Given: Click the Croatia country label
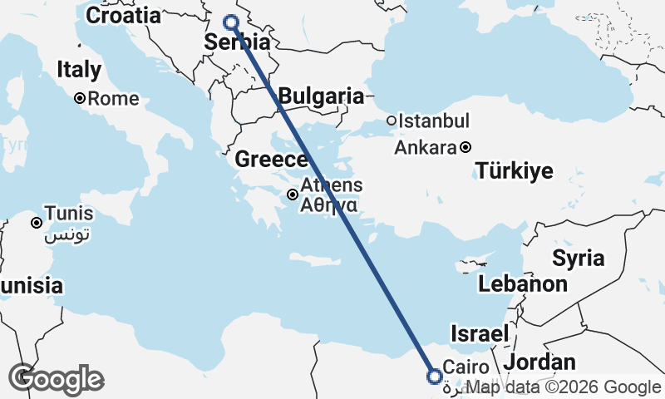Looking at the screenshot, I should click(x=123, y=15).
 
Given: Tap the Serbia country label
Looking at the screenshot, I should click(x=238, y=43).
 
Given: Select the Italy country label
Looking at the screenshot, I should click(x=79, y=70).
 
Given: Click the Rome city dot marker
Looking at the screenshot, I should click(x=80, y=98).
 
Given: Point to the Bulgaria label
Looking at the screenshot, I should click(x=321, y=96).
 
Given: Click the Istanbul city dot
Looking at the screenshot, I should click(x=391, y=121).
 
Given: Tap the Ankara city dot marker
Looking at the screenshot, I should click(x=465, y=148).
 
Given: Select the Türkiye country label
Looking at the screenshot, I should click(x=515, y=172).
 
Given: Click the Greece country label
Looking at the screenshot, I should click(x=271, y=159).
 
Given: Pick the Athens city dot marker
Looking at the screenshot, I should click(x=293, y=195).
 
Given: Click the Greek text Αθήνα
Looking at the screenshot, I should click(x=330, y=204).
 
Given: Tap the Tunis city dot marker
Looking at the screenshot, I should click(x=37, y=223).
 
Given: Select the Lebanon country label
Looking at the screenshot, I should click(x=522, y=284).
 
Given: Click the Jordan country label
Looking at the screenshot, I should click(x=539, y=362).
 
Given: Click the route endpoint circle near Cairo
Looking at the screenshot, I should click(x=434, y=377).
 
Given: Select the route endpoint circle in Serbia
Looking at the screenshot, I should click(x=231, y=23).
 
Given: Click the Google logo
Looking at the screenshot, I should click(x=56, y=378).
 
